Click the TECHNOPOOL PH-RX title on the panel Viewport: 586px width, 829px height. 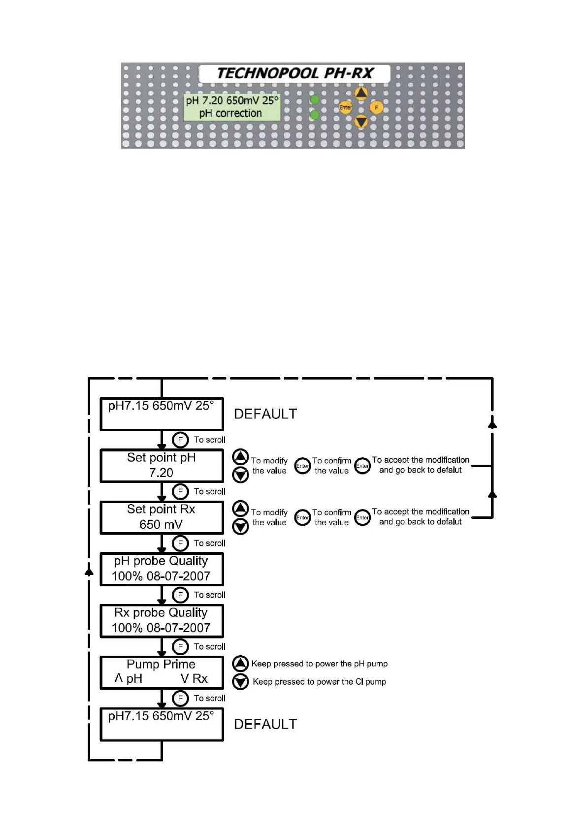pyautogui.click(x=294, y=73)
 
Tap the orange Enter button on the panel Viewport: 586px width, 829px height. pyautogui.click(x=345, y=107)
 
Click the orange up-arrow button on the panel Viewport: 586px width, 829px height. pyautogui.click(x=361, y=93)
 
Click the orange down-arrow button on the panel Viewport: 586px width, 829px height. pyautogui.click(x=361, y=121)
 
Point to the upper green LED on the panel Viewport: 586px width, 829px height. pyautogui.click(x=314, y=100)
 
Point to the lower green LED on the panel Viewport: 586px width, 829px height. pyautogui.click(x=314, y=115)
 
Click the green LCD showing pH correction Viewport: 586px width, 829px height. pyautogui.click(x=231, y=107)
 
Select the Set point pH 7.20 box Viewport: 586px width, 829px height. pyautogui.click(x=162, y=465)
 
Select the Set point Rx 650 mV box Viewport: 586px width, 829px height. pyautogui.click(x=162, y=517)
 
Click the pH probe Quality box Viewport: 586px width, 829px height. pyautogui.click(x=162, y=569)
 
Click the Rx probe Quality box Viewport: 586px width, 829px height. pyautogui.click(x=162, y=620)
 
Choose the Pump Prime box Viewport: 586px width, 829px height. pyautogui.click(x=162, y=672)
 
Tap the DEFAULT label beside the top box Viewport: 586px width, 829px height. pyautogui.click(x=265, y=414)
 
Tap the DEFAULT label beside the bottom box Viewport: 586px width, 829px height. pyautogui.click(x=265, y=724)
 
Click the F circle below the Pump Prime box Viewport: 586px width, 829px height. pyautogui.click(x=180, y=698)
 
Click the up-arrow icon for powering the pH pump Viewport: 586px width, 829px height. pyautogui.click(x=240, y=664)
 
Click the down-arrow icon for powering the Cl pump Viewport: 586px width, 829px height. pyautogui.click(x=240, y=682)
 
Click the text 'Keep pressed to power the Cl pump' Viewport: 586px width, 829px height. pyautogui.click(x=319, y=682)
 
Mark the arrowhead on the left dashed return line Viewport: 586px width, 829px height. pyautogui.click(x=89, y=572)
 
